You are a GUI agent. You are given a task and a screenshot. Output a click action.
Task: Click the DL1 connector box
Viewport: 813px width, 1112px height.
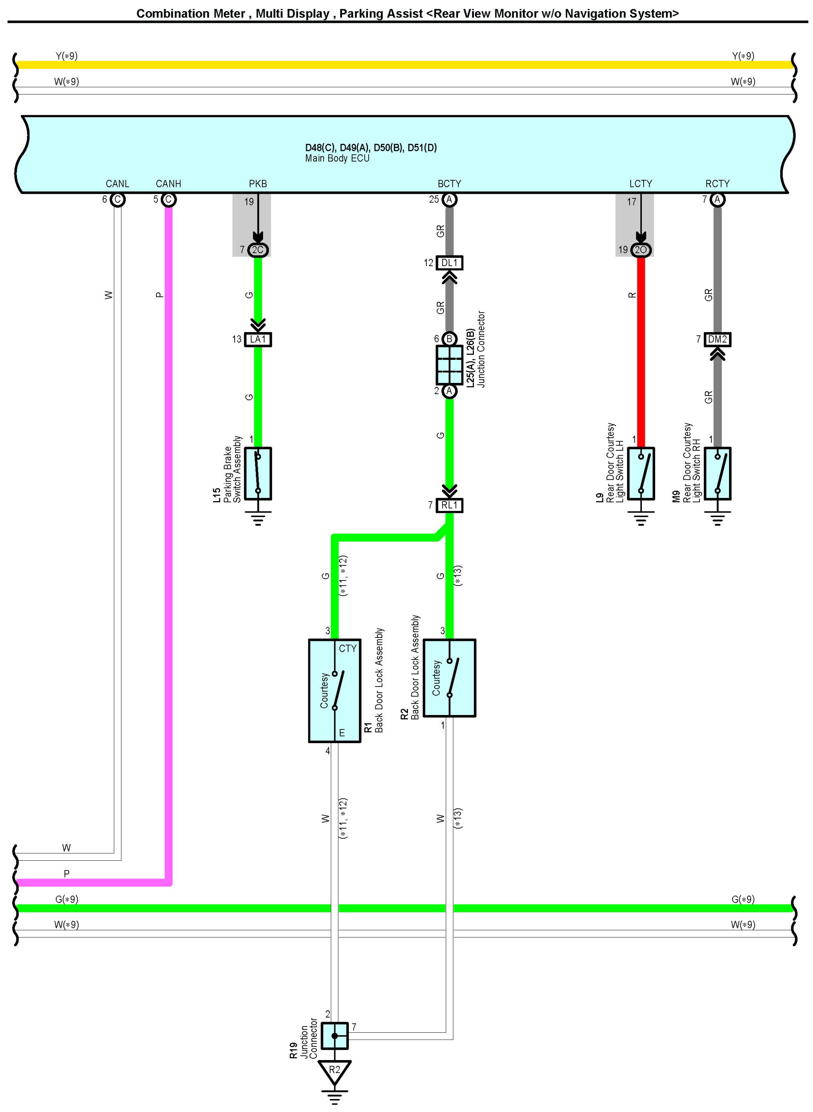pos(449,263)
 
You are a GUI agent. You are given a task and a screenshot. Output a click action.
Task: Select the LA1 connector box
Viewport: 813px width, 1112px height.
pos(258,339)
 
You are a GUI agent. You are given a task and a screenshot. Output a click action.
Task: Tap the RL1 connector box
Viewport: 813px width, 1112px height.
pos(449,505)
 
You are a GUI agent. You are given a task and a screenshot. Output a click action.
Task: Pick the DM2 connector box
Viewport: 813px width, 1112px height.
pos(717,339)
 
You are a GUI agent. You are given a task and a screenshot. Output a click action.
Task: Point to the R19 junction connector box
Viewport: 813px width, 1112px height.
pos(335,1036)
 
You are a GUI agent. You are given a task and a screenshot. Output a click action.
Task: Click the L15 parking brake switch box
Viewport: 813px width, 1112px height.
pos(258,474)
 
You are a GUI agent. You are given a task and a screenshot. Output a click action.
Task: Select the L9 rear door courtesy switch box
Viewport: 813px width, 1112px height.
pos(641,474)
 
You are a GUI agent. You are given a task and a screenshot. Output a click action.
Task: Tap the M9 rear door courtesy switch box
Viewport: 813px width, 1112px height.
pos(717,474)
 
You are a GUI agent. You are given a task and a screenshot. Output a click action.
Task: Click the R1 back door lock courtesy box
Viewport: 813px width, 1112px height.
pos(335,691)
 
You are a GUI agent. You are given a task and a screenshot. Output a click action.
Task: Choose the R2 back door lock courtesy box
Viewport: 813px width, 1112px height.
pos(449,678)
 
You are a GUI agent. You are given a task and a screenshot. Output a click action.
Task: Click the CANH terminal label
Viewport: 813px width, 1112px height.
pos(168,183)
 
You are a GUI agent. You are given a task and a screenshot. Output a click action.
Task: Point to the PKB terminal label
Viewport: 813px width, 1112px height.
pos(258,183)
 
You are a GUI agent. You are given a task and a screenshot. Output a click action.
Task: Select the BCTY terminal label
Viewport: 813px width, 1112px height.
pos(449,183)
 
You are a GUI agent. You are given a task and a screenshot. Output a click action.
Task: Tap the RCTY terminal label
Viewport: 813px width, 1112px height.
pos(717,183)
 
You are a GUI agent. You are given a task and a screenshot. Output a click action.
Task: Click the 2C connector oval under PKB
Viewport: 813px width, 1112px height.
pos(258,250)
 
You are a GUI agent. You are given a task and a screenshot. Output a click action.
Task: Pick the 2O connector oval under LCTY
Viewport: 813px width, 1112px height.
pos(641,250)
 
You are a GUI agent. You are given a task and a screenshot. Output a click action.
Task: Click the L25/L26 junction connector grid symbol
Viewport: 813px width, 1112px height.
pos(449,365)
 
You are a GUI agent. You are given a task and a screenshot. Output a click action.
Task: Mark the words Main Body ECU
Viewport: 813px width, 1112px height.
pos(337,159)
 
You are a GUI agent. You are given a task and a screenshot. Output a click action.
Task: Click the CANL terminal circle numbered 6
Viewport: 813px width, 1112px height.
pos(117,200)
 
